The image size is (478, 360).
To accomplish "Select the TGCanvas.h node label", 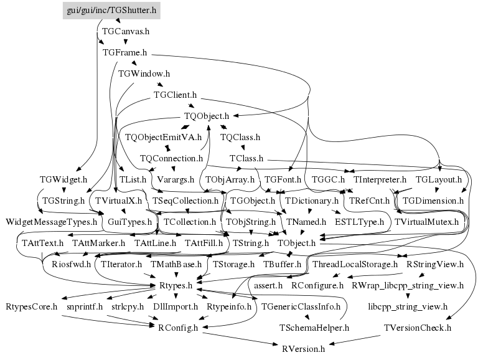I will point(126,31).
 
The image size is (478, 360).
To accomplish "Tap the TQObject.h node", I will point(207,116).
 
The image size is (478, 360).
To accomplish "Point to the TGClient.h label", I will point(175,95).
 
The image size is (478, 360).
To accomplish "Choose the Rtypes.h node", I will point(179,285).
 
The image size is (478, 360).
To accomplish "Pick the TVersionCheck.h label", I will point(418,327).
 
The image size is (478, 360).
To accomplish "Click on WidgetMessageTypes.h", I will point(52,222).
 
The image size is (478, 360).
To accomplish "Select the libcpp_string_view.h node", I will point(408,306).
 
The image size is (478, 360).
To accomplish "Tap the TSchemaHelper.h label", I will point(314,327).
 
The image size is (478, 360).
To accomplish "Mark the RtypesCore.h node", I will point(32,306).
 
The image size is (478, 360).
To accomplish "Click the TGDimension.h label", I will point(433,201).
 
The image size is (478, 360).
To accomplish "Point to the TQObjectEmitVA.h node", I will point(163,137).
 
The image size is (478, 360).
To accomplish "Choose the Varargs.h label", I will point(177,179).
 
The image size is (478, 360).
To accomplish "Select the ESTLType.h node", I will point(360,222).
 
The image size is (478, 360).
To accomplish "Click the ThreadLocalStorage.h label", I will point(355,264).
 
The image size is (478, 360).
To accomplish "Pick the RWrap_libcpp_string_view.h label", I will point(408,285).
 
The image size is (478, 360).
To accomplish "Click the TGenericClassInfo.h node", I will point(301,306).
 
